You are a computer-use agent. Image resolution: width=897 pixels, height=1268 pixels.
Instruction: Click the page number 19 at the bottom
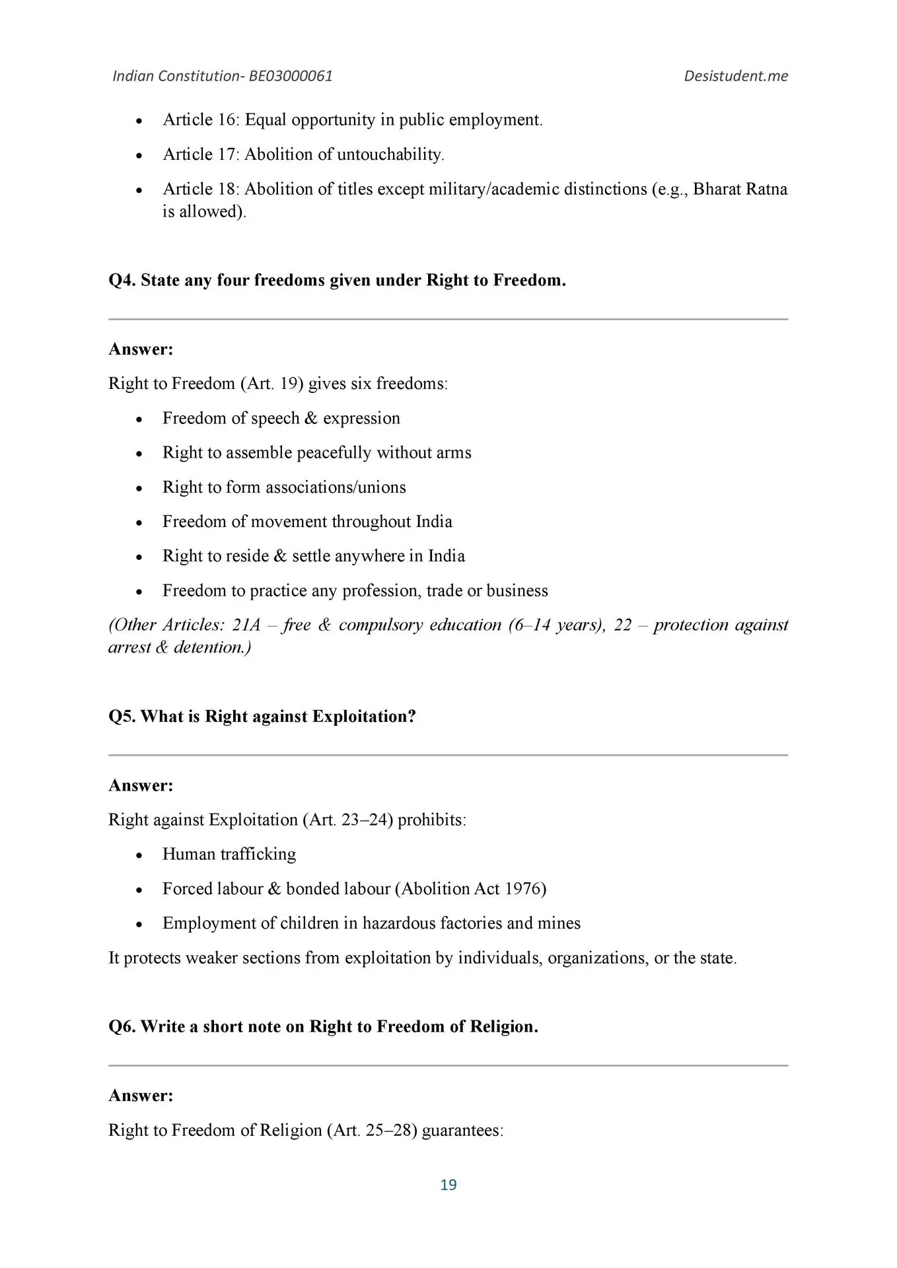pyautogui.click(x=448, y=1184)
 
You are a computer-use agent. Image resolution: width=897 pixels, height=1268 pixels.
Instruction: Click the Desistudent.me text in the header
pyautogui.click(x=735, y=76)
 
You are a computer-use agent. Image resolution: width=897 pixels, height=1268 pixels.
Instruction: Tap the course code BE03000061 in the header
pyautogui.click(x=291, y=76)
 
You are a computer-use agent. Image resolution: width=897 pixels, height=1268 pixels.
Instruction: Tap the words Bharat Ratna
pyautogui.click(x=740, y=189)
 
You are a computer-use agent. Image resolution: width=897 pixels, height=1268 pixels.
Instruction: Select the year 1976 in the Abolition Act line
pyautogui.click(x=522, y=889)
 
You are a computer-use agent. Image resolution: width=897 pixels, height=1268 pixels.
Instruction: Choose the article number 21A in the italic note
pyautogui.click(x=246, y=625)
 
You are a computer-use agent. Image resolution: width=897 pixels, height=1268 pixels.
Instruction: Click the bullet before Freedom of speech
pyautogui.click(x=139, y=419)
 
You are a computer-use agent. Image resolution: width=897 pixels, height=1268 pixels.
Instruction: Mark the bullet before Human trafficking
pyautogui.click(x=139, y=855)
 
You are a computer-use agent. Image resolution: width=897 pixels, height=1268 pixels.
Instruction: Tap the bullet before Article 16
pyautogui.click(x=139, y=121)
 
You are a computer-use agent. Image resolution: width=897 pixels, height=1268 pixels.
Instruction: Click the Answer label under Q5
pyautogui.click(x=141, y=785)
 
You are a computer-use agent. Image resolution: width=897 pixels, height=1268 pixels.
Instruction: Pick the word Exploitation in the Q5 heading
pyautogui.click(x=364, y=716)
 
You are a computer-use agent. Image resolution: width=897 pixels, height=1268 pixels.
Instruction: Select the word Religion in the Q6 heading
pyautogui.click(x=503, y=1026)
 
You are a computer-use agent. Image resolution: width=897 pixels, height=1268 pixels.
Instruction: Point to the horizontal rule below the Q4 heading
pyautogui.click(x=448, y=320)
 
